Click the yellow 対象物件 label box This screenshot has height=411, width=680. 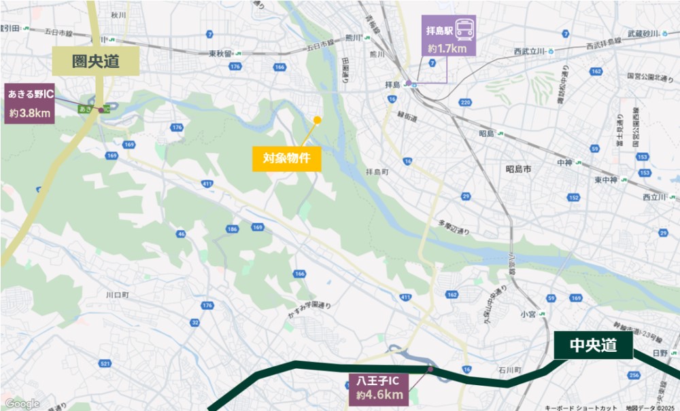[x=286, y=159]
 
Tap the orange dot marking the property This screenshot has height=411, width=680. [x=317, y=120]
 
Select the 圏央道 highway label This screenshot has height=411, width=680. [x=96, y=62]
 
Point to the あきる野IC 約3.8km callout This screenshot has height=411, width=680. [x=31, y=105]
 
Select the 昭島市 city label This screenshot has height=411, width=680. [x=518, y=168]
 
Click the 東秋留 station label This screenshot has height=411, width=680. [x=221, y=53]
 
